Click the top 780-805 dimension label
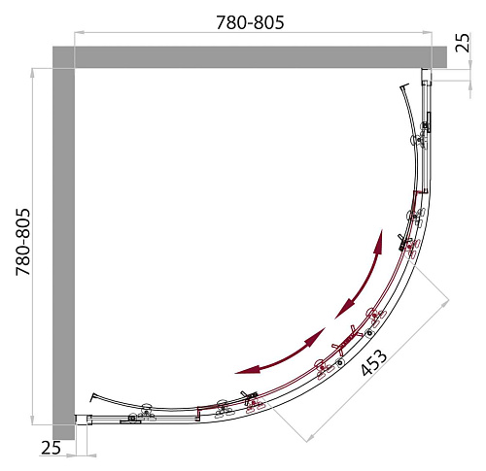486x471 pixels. [x=250, y=22]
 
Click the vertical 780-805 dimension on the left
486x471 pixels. [x=23, y=242]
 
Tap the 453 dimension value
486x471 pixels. [x=373, y=362]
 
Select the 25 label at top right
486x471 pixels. [x=463, y=43]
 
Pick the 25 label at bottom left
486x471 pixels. [x=51, y=448]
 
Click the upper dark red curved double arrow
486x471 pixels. [x=364, y=275]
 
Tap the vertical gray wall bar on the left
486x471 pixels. [x=64, y=253]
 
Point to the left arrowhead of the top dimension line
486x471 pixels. [x=80, y=33]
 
